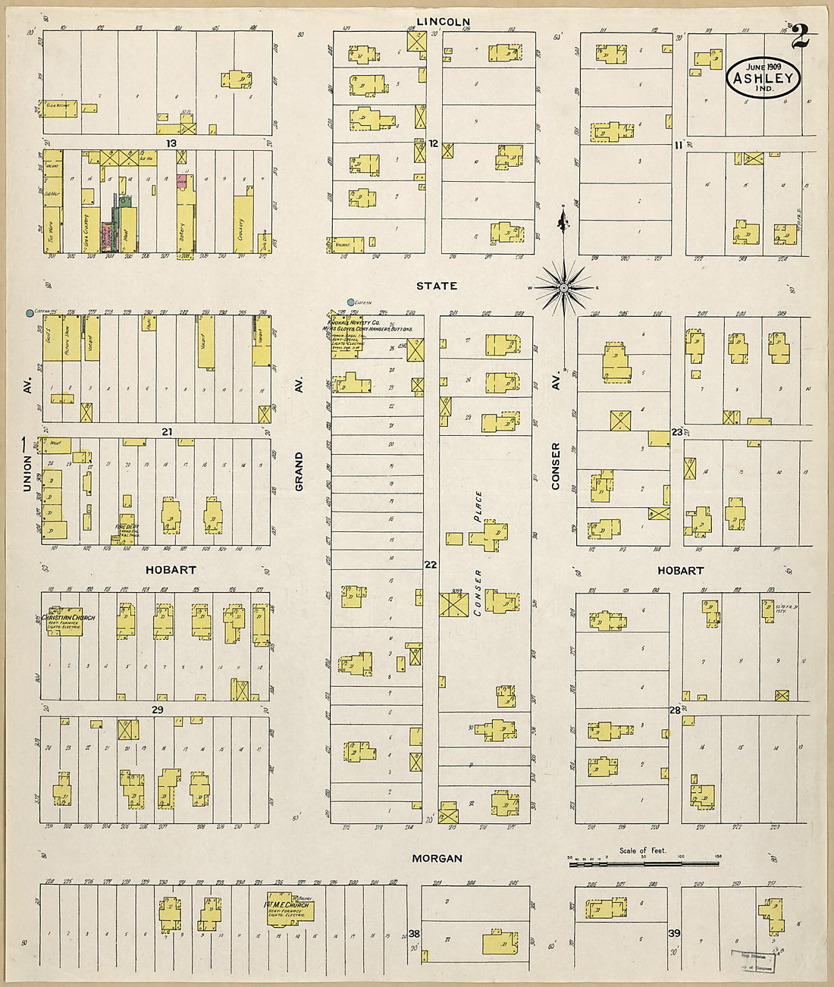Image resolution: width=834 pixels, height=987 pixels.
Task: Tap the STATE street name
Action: click(437, 286)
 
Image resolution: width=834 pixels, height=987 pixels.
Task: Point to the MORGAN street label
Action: click(437, 858)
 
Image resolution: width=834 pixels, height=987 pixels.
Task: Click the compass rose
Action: click(563, 287)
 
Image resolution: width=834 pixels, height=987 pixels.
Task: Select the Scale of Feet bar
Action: click(644, 862)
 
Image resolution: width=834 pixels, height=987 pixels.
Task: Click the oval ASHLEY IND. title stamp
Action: click(763, 78)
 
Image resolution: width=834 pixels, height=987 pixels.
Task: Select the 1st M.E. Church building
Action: click(288, 910)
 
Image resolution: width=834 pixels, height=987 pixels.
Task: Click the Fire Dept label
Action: click(127, 530)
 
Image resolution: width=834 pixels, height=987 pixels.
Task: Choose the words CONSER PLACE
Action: click(478, 553)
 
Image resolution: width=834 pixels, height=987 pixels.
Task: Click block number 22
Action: click(431, 565)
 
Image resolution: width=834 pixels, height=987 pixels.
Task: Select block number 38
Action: click(414, 933)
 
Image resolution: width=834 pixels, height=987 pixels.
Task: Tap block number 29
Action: click(157, 710)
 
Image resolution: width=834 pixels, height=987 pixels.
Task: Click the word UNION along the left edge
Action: click(27, 473)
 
